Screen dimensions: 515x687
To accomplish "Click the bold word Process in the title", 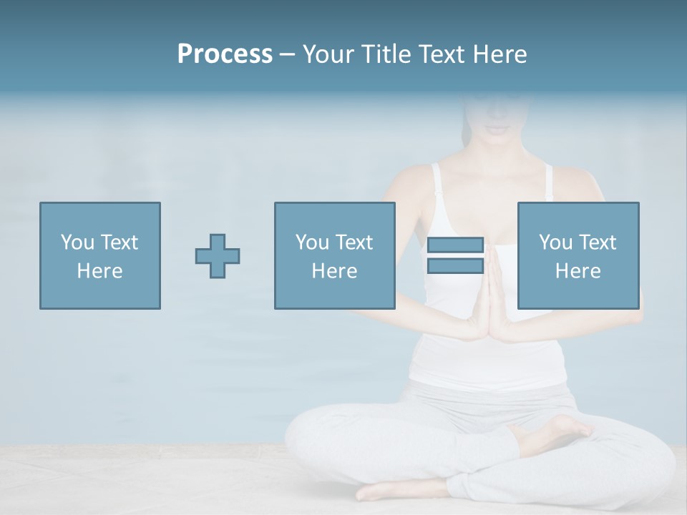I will [x=225, y=54].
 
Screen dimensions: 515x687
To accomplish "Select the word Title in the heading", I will [x=386, y=54].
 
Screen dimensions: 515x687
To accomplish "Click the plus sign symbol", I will [x=218, y=256].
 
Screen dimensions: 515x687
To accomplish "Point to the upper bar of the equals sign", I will [x=455, y=245].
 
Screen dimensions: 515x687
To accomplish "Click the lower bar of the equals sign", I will [x=455, y=266].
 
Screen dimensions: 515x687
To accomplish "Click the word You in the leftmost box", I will [x=77, y=242].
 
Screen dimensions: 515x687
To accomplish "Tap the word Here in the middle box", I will [x=335, y=271].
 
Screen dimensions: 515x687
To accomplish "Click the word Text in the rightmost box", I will [x=597, y=242].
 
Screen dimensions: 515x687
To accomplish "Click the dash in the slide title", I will [x=287, y=54].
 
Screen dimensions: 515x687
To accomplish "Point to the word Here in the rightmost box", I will [x=578, y=271].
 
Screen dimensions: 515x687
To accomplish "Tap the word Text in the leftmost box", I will [x=119, y=242].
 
